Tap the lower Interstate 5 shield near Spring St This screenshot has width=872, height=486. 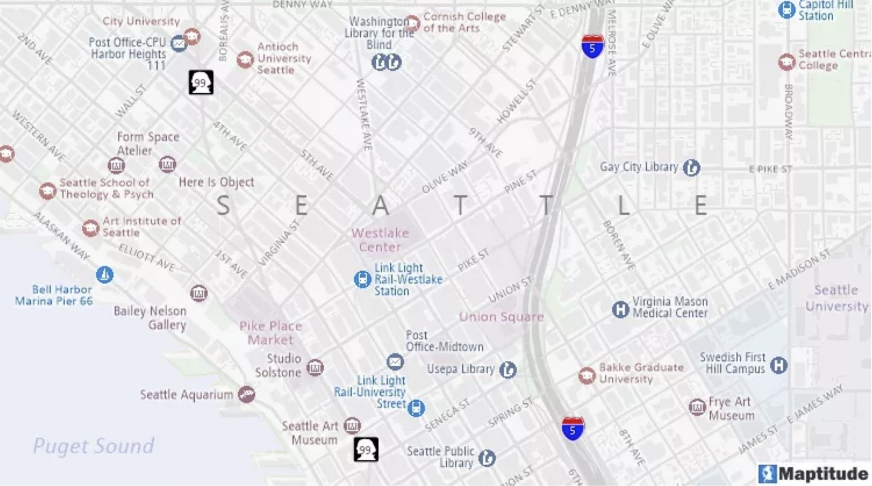pyautogui.click(x=573, y=428)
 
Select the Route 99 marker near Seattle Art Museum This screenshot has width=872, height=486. pyautogui.click(x=366, y=449)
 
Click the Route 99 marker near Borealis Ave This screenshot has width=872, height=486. pyautogui.click(x=201, y=82)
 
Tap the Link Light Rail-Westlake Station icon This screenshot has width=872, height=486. pyautogui.click(x=362, y=279)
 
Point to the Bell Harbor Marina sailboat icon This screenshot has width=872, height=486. pyautogui.click(x=105, y=275)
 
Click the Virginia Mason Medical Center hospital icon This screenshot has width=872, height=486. pyautogui.click(x=620, y=309)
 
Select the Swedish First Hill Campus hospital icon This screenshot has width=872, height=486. pyautogui.click(x=778, y=365)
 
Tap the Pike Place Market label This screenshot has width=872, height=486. pyautogui.click(x=271, y=333)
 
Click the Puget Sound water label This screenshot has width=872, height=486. pyautogui.click(x=94, y=446)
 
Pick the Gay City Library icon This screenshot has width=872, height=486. pyautogui.click(x=691, y=167)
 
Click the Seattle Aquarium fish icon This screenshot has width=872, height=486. pyautogui.click(x=247, y=394)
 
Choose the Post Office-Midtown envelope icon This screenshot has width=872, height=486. pyautogui.click(x=395, y=362)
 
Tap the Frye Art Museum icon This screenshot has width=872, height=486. pyautogui.click(x=697, y=407)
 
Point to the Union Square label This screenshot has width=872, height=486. pyautogui.click(x=501, y=316)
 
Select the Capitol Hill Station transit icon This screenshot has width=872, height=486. pyautogui.click(x=786, y=10)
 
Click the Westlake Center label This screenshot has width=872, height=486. pyautogui.click(x=380, y=240)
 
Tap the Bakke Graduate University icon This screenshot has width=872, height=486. pyautogui.click(x=587, y=376)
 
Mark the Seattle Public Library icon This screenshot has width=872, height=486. pyautogui.click(x=487, y=458)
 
